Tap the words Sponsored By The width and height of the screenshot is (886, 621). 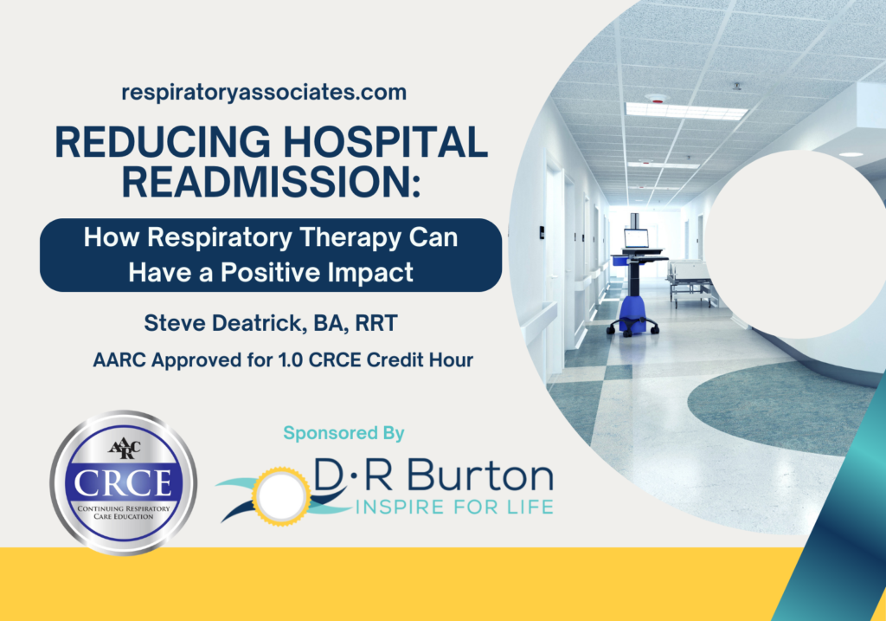(343, 432)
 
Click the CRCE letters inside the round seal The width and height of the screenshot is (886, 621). (123, 482)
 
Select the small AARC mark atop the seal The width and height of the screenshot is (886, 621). (122, 448)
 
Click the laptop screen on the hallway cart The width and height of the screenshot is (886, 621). (636, 237)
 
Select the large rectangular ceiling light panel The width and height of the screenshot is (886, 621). (686, 111)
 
